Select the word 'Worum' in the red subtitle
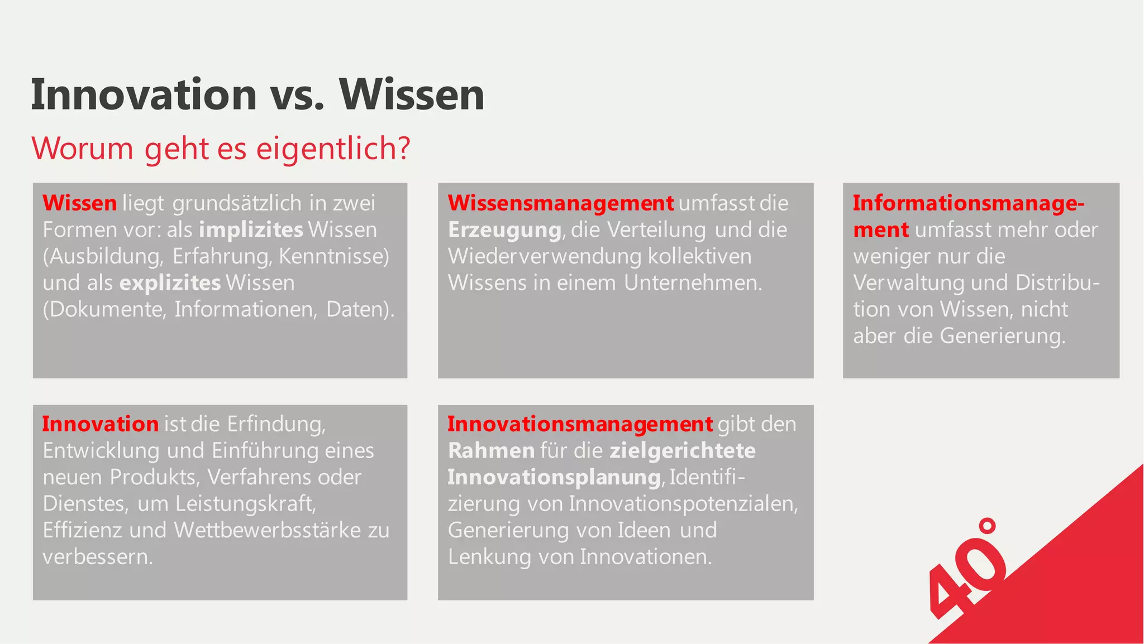click(82, 149)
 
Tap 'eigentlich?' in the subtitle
click(333, 149)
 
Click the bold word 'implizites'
click(251, 230)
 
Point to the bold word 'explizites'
click(170, 283)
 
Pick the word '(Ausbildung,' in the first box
click(103, 256)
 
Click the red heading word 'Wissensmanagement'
click(561, 203)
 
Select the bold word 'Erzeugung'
click(504, 230)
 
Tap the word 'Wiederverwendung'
click(545, 256)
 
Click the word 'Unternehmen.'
click(693, 283)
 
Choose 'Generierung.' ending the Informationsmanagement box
click(1003, 336)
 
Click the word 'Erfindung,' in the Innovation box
click(276, 424)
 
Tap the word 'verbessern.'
click(98, 556)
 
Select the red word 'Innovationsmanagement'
click(580, 424)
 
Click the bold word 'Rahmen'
click(491, 450)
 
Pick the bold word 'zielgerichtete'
click(682, 450)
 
